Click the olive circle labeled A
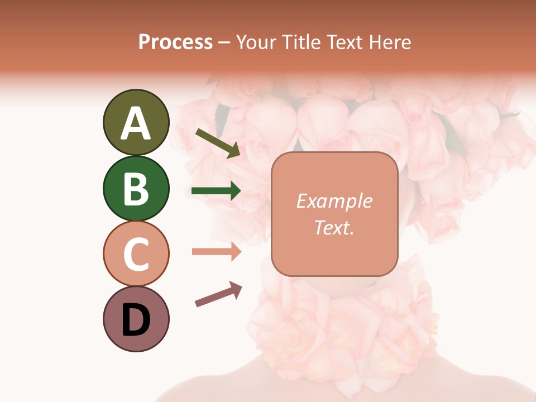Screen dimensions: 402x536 [136, 122]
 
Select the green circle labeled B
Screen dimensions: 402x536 [136, 188]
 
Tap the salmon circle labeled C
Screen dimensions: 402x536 [136, 253]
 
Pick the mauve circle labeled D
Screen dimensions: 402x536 [136, 319]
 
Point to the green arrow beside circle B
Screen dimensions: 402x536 [216, 191]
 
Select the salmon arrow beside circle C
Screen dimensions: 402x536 [216, 252]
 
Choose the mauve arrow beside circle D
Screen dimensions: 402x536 [218, 295]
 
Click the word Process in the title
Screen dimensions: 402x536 [175, 42]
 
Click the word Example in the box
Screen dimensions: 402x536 [334, 201]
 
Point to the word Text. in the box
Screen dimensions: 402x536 [334, 227]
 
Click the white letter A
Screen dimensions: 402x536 [136, 123]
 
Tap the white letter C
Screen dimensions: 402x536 [136, 254]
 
